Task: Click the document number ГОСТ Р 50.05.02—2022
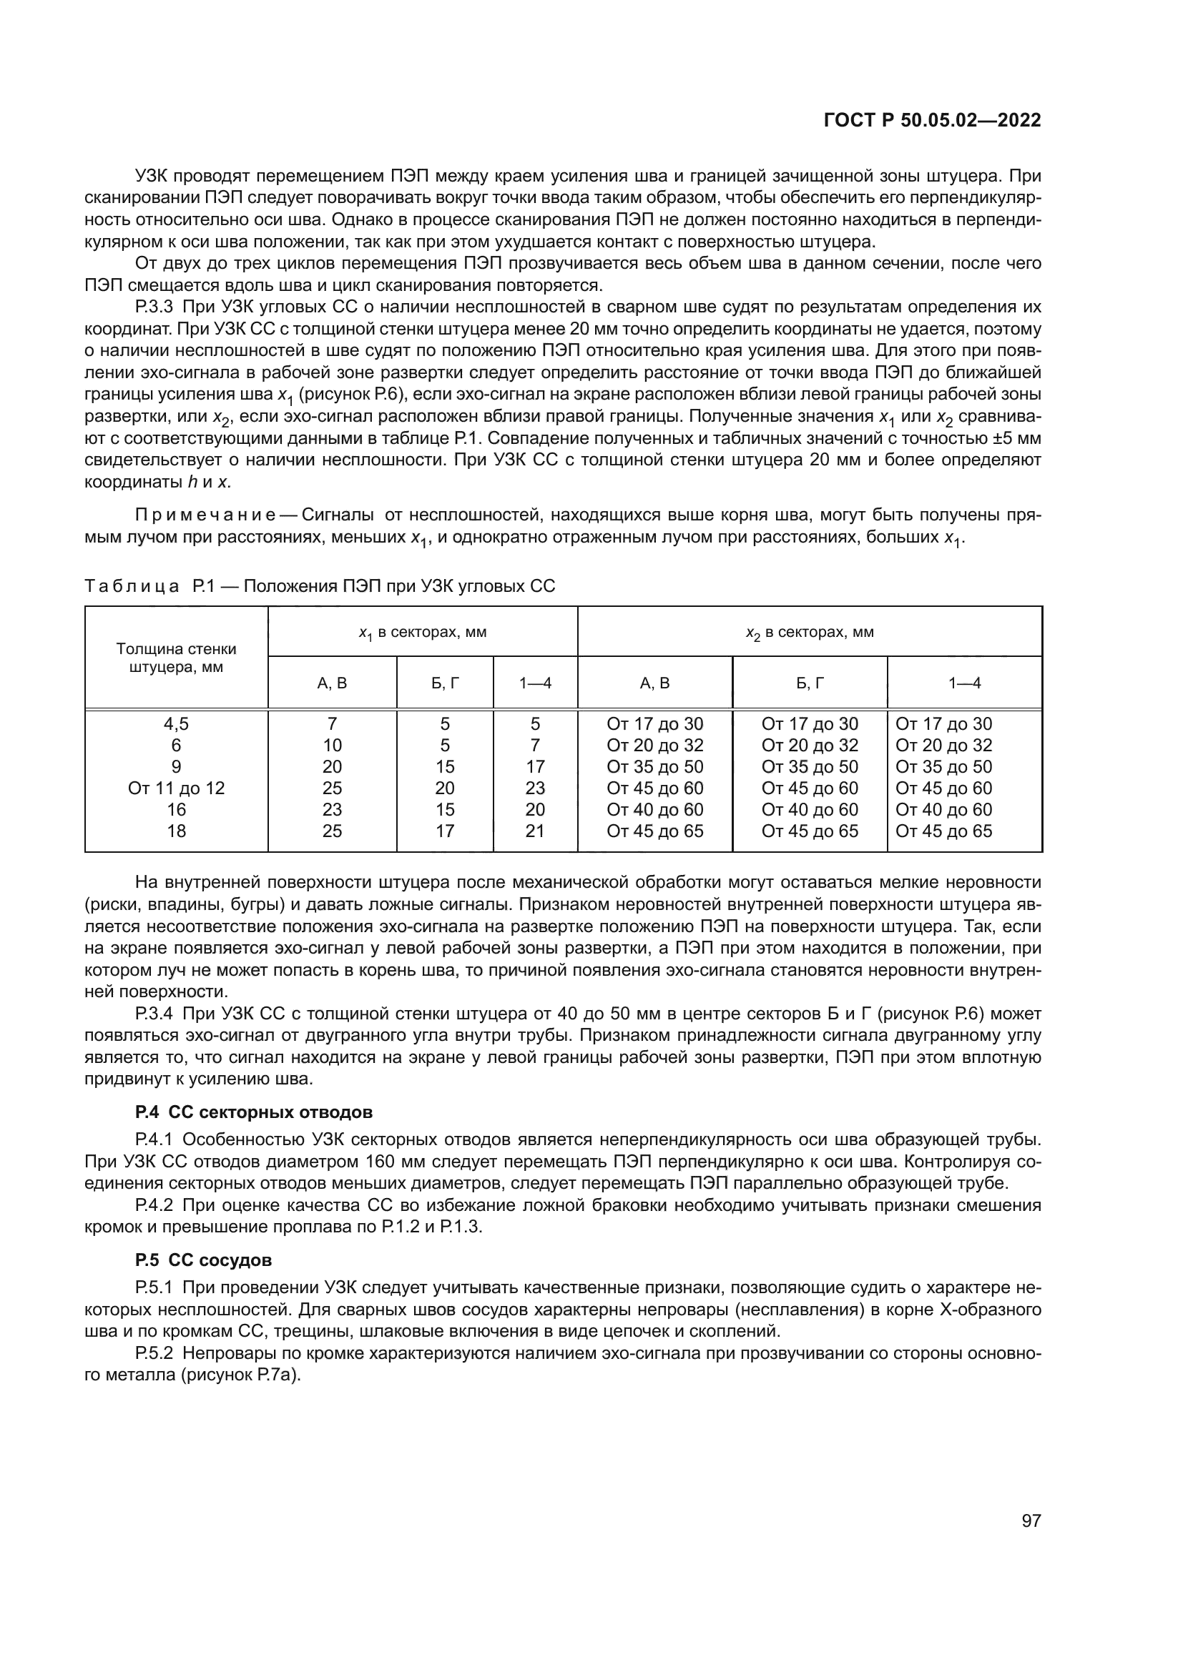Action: [x=933, y=120]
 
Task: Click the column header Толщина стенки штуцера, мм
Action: [x=176, y=658]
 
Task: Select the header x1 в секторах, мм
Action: [x=423, y=632]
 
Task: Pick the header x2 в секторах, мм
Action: [x=810, y=632]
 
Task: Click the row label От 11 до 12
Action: [x=176, y=788]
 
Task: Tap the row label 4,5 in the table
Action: [x=176, y=724]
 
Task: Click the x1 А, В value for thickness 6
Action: [x=332, y=745]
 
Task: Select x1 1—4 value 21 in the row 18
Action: [x=535, y=831]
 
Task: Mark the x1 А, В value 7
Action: [x=332, y=724]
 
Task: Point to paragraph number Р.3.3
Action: [x=154, y=307]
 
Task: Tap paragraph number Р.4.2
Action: [x=154, y=1204]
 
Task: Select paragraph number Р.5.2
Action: [x=154, y=1353]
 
